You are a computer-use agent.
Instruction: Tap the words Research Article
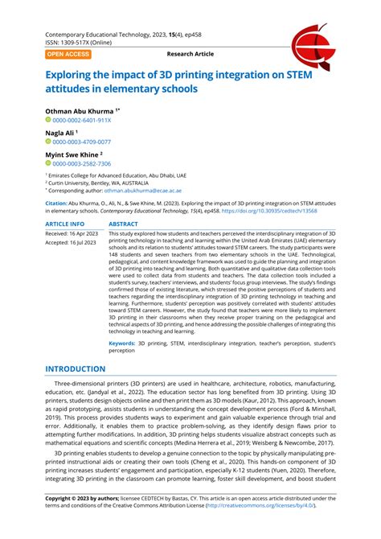[190, 54]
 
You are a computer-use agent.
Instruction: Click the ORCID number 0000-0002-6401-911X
[82, 119]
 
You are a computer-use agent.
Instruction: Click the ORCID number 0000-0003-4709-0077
[82, 142]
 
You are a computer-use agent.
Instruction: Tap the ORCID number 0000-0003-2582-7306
[82, 163]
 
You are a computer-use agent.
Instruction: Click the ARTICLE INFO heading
[65, 224]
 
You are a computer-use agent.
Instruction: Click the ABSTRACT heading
[123, 224]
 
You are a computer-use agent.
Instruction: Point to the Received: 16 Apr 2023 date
[73, 233]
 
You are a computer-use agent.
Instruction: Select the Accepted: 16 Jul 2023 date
[72, 242]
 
